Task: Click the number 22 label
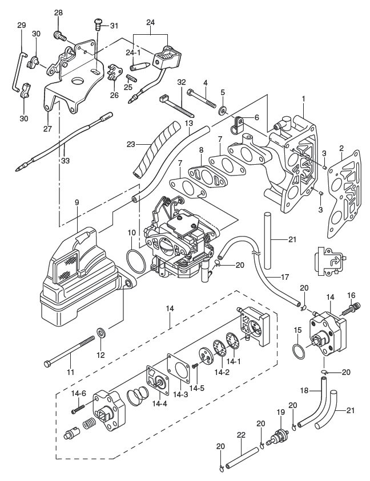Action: [241, 435]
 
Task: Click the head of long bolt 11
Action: [47, 363]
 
